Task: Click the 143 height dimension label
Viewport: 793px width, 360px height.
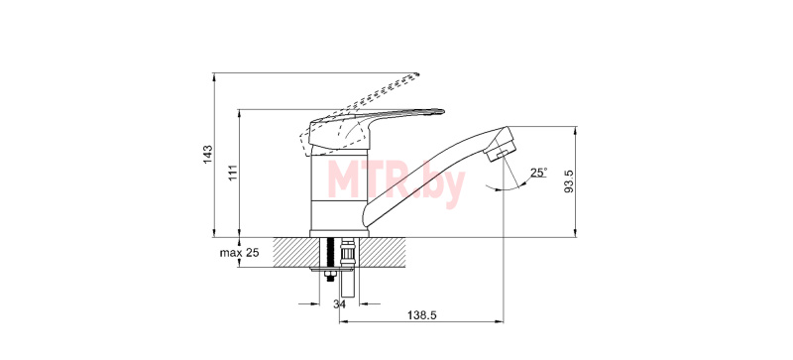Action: (208, 155)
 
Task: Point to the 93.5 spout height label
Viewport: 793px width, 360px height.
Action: (569, 180)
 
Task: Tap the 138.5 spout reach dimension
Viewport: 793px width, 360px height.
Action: (421, 315)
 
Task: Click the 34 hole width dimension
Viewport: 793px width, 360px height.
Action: (339, 304)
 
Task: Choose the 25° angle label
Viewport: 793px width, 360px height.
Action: (538, 173)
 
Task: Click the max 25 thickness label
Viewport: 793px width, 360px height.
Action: (239, 253)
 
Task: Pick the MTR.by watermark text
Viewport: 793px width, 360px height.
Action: (396, 180)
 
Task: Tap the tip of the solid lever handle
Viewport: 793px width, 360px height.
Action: (443, 111)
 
